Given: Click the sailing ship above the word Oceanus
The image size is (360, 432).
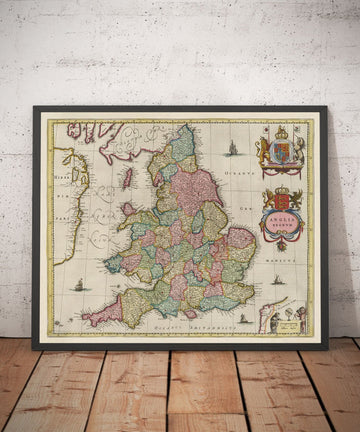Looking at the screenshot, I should point(232,148).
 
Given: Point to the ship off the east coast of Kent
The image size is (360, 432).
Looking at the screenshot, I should point(277,279).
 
